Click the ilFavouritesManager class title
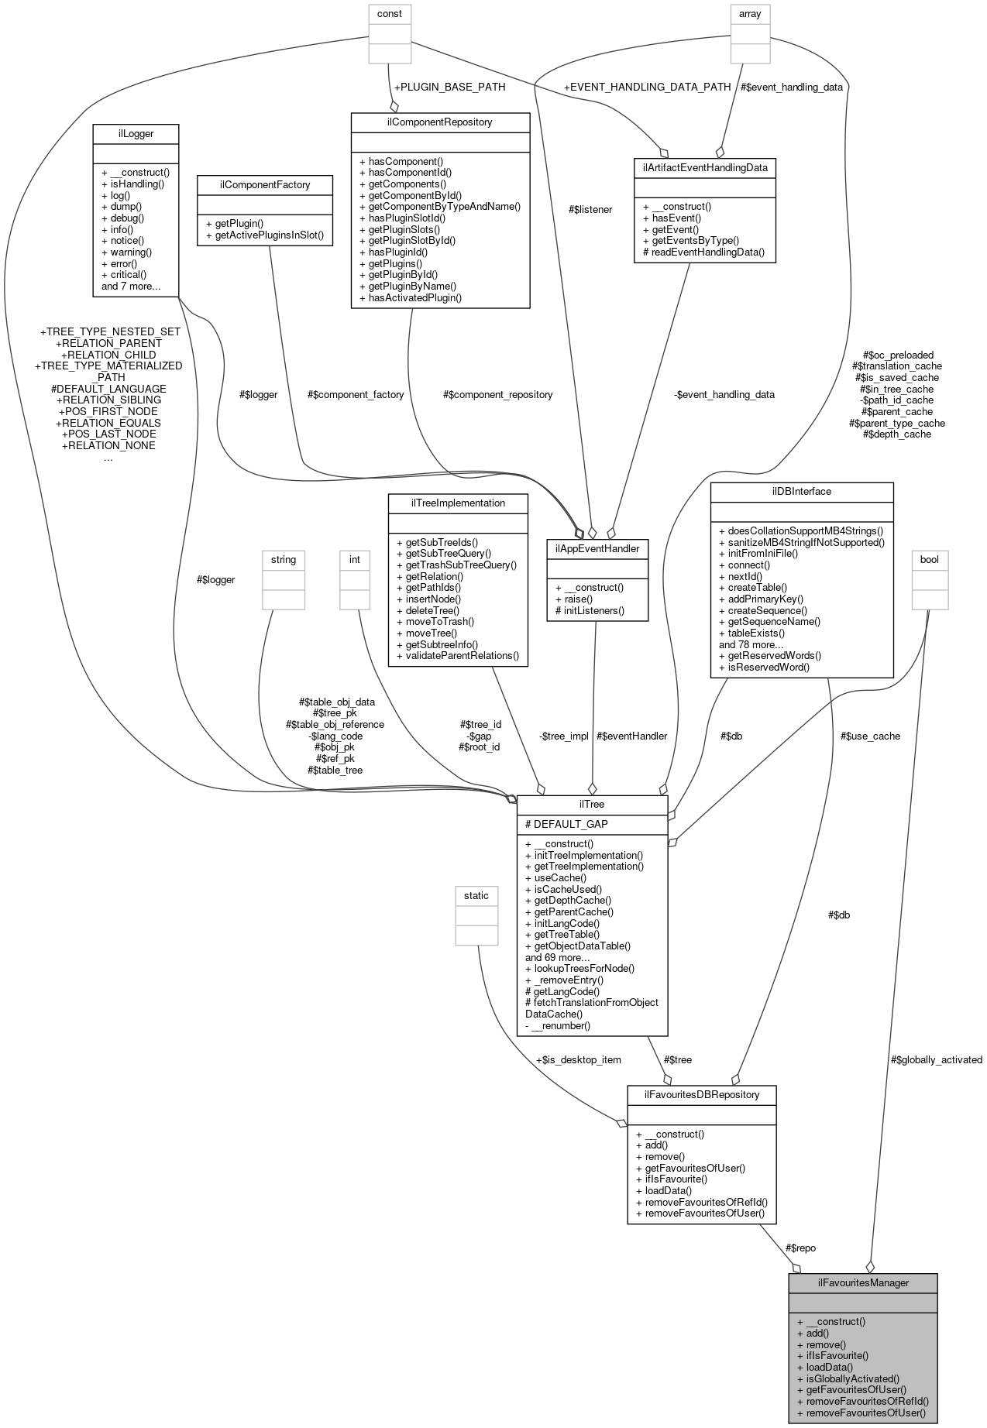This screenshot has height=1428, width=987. (863, 1282)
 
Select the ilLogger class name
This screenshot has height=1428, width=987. (136, 133)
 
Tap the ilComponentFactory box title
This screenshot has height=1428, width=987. (265, 184)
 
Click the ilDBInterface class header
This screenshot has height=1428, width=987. (801, 491)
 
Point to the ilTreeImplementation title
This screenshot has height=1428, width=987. (458, 503)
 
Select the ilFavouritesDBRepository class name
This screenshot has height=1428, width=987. (701, 1094)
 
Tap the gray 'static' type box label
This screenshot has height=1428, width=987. (476, 895)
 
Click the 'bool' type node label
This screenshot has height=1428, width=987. (929, 559)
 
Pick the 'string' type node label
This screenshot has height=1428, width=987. (284, 559)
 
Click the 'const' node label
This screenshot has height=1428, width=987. (390, 13)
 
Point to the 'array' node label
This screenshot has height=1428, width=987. (750, 13)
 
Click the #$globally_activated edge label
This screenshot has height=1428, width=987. (936, 1059)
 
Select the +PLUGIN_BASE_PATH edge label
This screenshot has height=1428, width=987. (449, 87)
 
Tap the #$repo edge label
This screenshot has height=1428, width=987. (800, 1248)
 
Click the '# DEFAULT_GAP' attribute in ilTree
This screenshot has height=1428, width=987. (566, 824)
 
